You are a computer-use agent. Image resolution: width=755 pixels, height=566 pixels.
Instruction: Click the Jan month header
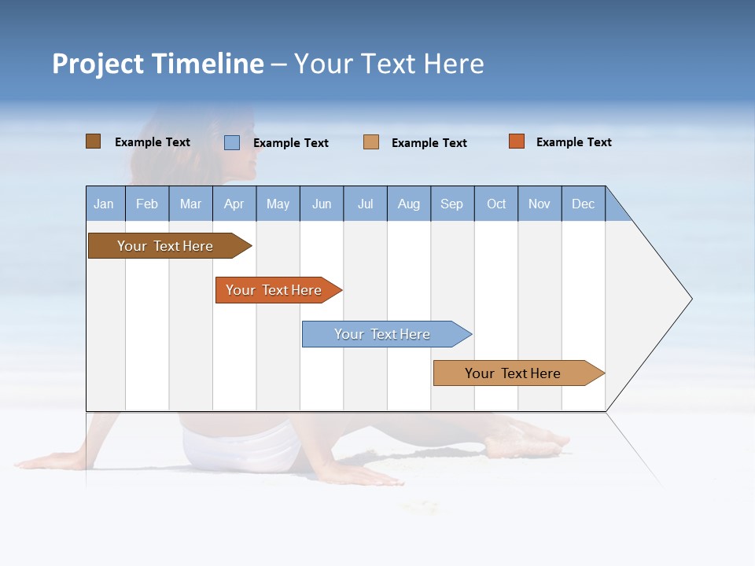coord(105,204)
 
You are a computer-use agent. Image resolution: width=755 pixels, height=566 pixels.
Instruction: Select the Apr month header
coord(234,204)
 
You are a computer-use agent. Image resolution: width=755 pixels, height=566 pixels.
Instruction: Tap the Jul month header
coord(365,204)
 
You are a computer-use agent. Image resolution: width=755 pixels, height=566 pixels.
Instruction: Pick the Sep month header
coord(452,204)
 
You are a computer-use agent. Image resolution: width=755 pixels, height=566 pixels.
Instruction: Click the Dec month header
coord(583,204)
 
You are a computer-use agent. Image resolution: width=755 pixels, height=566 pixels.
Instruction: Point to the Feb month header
coord(147,204)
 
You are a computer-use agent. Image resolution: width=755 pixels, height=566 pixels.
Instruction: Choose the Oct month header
coord(496,204)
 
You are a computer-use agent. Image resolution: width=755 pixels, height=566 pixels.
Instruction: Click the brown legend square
coord(93,141)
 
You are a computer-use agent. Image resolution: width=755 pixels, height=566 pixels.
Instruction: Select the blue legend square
coord(232,142)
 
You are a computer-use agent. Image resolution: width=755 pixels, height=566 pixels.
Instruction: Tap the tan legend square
coord(371,142)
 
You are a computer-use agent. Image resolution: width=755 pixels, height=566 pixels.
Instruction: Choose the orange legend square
coord(516,141)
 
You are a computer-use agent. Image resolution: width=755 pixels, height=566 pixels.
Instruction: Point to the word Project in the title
coord(98,64)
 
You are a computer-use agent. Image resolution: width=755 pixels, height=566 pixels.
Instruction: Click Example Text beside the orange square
coord(573,142)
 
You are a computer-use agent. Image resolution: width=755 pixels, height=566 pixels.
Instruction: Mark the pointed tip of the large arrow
coord(691,299)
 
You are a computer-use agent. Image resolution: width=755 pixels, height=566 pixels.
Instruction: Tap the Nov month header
coord(540,204)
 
